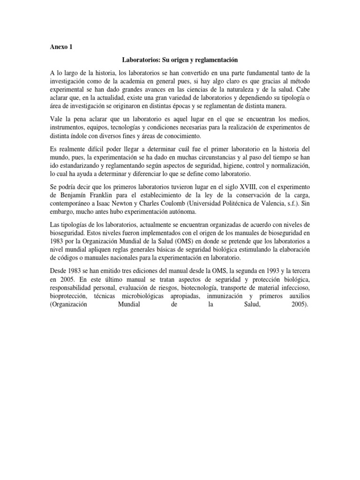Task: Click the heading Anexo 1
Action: point(61,47)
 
